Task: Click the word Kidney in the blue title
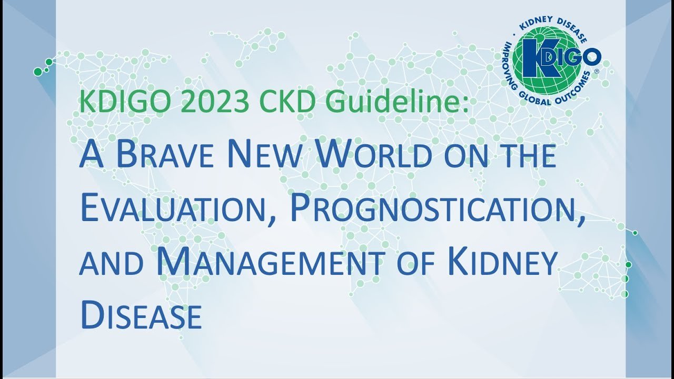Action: [501, 261]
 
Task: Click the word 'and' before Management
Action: [111, 264]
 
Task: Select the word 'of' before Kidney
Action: [416, 264]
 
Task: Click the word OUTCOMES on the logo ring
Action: [574, 89]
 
